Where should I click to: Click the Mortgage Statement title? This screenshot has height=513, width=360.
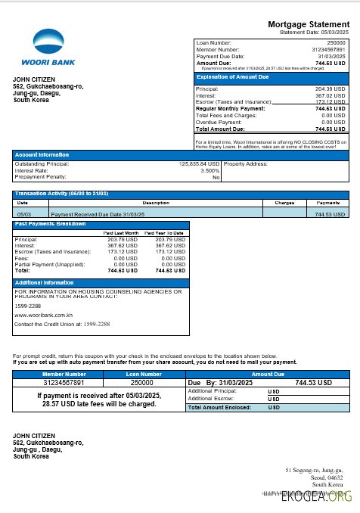pos(308,24)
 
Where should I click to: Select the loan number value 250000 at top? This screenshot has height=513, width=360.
pos(334,43)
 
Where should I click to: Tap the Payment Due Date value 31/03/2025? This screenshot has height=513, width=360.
pos(331,56)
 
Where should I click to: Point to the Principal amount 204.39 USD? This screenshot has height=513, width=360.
pos(329,89)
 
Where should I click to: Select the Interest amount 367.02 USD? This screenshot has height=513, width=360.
pos(329,95)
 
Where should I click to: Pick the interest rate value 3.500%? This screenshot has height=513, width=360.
pos(209,170)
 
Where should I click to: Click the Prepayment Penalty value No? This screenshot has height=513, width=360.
pos(216,177)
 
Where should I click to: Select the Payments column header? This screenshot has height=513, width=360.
pos(327,203)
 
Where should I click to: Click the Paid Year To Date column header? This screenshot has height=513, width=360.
pos(164,233)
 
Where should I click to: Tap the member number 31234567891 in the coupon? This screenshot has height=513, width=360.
pos(64,383)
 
